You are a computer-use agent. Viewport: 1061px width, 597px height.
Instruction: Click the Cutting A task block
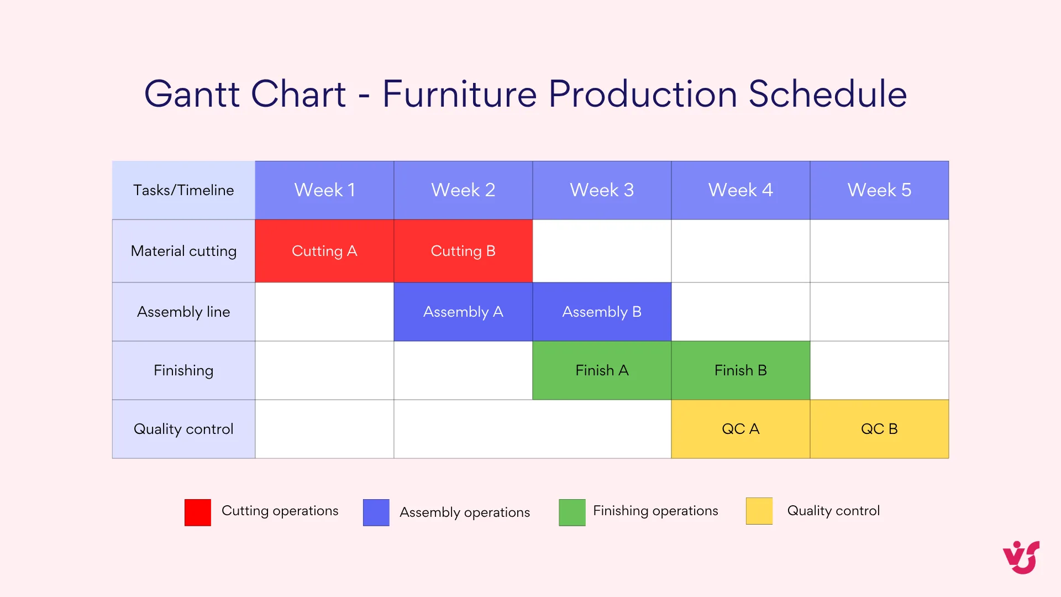(324, 251)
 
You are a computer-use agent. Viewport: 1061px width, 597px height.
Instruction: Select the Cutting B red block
(463, 251)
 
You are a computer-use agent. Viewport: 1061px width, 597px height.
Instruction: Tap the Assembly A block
(463, 312)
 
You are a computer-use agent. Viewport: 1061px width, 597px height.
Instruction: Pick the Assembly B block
(602, 312)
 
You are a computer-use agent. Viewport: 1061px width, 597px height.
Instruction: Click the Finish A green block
(602, 370)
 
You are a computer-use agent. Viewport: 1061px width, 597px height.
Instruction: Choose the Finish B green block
(740, 370)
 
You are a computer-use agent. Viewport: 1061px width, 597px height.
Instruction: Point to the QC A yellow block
(740, 429)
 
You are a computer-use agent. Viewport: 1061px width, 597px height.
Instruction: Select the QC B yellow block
(879, 429)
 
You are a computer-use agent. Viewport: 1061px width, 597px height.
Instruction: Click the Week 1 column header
(324, 190)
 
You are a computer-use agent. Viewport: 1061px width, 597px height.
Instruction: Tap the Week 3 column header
(602, 190)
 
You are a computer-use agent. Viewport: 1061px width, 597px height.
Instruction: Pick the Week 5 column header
(879, 190)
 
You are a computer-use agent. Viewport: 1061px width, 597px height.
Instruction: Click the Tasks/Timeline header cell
(183, 190)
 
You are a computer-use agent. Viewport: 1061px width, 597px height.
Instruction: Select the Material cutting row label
(183, 251)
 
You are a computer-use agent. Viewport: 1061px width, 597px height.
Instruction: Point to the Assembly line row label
(183, 312)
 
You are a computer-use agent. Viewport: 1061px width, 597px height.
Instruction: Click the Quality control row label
(183, 429)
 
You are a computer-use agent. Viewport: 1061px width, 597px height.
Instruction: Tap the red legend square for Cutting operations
(198, 512)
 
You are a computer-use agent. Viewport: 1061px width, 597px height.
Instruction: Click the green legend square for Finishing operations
(572, 512)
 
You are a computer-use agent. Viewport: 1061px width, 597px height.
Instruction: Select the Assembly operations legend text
(464, 512)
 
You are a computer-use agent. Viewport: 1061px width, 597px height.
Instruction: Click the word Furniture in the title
(459, 94)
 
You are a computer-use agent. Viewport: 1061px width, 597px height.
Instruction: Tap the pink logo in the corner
(1021, 557)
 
